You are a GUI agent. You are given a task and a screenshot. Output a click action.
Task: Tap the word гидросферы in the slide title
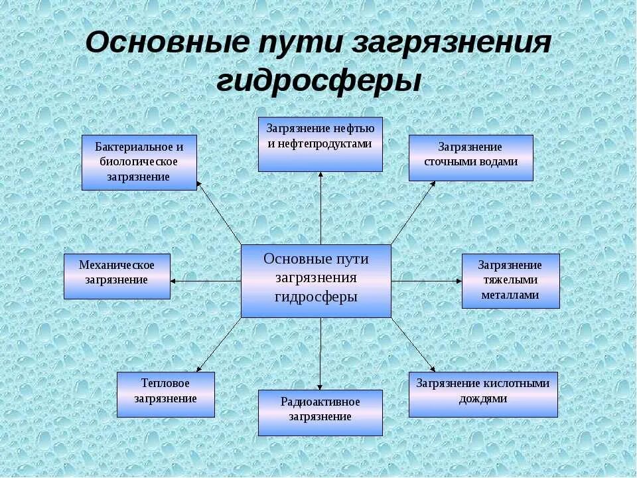click(319, 82)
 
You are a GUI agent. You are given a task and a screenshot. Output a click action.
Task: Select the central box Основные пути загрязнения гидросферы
click(316, 281)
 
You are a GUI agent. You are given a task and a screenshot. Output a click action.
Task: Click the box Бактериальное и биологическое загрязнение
click(139, 162)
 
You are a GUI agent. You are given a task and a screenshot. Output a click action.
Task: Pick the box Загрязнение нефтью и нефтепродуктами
click(320, 144)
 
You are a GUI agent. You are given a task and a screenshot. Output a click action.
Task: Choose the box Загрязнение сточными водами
click(470, 157)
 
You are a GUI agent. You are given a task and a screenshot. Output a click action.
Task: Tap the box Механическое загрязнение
click(117, 276)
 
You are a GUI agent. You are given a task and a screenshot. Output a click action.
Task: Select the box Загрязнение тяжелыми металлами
click(510, 280)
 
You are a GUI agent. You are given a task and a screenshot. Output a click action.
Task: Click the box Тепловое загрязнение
click(166, 394)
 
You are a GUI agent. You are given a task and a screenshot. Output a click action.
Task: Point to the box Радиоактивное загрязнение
click(320, 412)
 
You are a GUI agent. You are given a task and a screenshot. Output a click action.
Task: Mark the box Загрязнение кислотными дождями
click(483, 394)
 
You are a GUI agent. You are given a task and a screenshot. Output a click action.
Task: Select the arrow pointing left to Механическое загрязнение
click(206, 281)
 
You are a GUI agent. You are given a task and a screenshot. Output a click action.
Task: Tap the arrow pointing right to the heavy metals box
click(427, 281)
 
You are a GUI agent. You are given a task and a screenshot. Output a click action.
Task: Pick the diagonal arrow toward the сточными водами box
click(413, 212)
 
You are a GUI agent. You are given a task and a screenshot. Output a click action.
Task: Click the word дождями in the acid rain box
click(483, 400)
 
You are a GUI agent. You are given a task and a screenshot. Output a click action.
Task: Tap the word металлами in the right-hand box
click(510, 295)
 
